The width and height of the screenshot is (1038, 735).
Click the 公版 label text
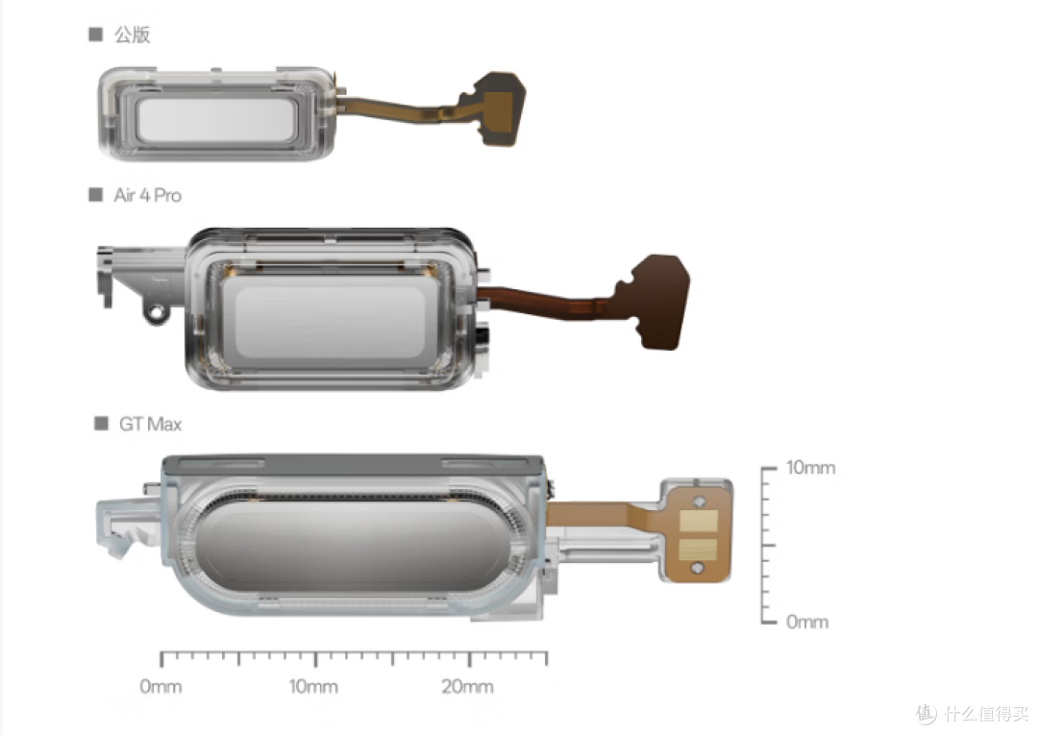[133, 35]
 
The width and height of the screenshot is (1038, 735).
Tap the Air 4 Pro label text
[148, 195]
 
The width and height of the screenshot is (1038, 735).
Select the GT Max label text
[150, 424]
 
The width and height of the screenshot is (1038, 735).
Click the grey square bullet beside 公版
[95, 35]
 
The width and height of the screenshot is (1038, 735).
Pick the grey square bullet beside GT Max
[101, 424]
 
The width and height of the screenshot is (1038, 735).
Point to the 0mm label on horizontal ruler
[161, 687]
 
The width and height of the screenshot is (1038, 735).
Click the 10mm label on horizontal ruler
[313, 687]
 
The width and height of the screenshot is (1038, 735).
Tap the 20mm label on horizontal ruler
[467, 687]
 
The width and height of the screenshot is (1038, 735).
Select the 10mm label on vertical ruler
[811, 468]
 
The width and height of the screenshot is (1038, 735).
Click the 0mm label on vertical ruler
[807, 622]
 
